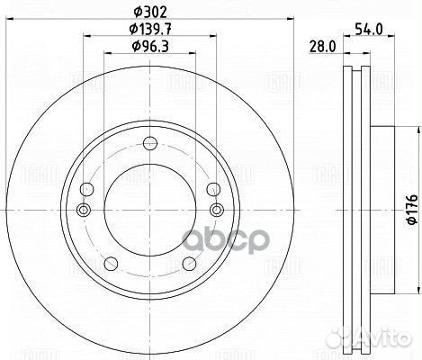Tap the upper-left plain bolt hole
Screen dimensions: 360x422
tap(88, 189)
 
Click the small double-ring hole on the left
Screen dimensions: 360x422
tap(85, 210)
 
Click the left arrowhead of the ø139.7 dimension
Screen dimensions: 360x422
tap(85, 37)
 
